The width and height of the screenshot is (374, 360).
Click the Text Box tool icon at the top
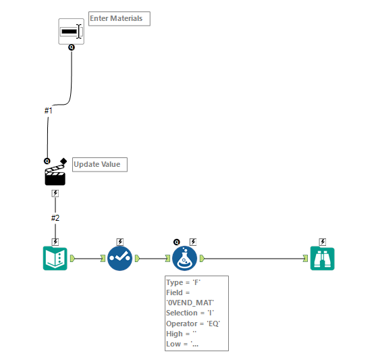click(71, 32)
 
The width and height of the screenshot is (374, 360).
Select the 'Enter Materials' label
click(119, 19)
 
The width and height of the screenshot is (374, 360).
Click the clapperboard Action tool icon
click(54, 175)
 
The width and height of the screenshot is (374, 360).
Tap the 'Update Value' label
click(99, 164)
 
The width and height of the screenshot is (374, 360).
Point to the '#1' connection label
click(48, 110)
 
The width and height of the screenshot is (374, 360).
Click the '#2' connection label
click(55, 217)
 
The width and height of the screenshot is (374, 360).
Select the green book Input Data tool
click(55, 257)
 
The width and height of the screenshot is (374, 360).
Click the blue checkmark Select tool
click(119, 257)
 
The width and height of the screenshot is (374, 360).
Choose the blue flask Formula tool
click(184, 257)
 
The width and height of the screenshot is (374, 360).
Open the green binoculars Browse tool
click(322, 257)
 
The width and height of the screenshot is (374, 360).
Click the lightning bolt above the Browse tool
click(323, 241)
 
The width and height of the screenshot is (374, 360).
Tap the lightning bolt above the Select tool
click(120, 241)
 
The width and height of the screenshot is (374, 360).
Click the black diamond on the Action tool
click(63, 161)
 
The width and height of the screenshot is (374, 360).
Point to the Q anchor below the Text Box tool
click(71, 47)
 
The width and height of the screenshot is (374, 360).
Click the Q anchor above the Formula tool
click(177, 241)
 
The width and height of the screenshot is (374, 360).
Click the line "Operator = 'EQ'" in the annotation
click(193, 324)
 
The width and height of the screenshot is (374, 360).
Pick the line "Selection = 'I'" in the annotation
click(192, 313)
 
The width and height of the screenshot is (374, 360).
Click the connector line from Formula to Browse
click(257, 258)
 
